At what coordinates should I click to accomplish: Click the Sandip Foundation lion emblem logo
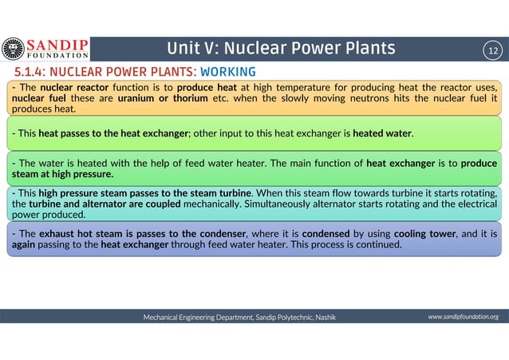coord(14,48)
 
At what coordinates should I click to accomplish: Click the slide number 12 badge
coord(492,49)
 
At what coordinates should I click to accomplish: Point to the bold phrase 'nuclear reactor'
coord(69,86)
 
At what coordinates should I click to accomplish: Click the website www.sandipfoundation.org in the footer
coord(463,317)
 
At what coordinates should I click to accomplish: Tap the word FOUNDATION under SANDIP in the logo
coord(59,57)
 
